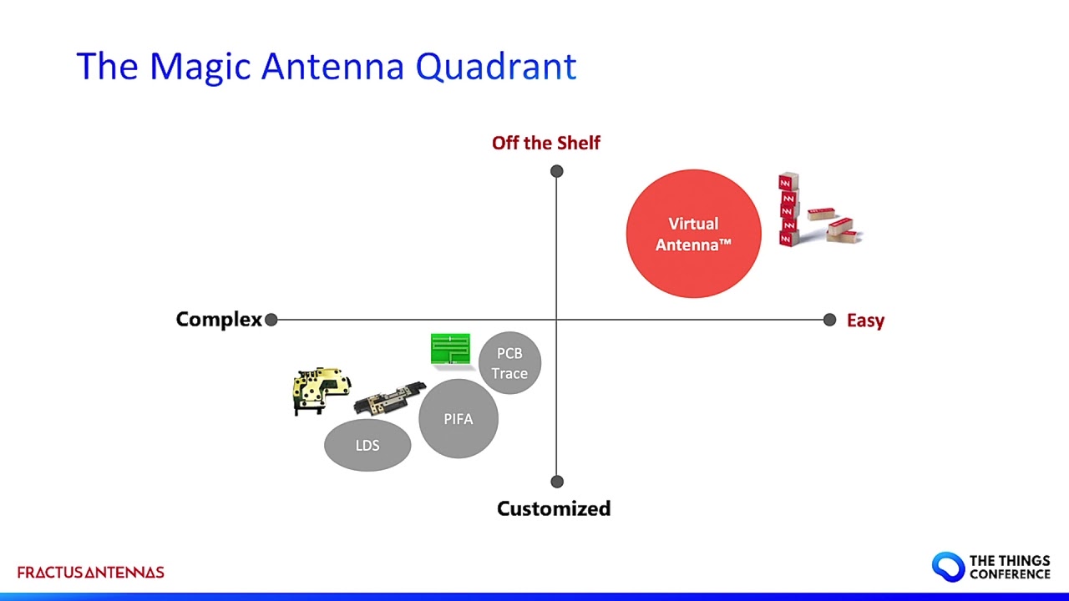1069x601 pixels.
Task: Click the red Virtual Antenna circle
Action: point(693,234)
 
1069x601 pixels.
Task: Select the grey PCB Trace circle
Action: point(509,363)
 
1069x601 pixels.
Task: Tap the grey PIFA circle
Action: point(458,418)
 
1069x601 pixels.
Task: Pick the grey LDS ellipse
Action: point(367,445)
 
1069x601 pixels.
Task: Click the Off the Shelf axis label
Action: point(545,143)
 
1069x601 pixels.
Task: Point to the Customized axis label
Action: point(553,508)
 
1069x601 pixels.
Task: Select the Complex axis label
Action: point(219,320)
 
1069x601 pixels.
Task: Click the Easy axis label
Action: point(865,321)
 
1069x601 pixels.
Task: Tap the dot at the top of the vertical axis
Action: point(557,171)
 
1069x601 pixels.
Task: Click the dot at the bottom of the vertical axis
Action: point(557,482)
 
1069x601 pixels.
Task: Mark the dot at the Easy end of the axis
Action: point(829,320)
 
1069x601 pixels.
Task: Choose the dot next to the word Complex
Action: point(271,320)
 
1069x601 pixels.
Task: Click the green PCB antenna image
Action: point(450,349)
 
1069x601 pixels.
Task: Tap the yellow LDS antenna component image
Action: point(321,389)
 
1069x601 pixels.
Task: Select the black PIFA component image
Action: point(389,398)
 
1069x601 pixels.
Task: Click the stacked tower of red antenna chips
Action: point(788,210)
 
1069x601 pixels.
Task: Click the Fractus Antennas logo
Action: point(90,573)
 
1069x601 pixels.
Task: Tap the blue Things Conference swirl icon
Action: point(948,567)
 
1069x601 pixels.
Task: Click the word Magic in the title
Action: point(200,67)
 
